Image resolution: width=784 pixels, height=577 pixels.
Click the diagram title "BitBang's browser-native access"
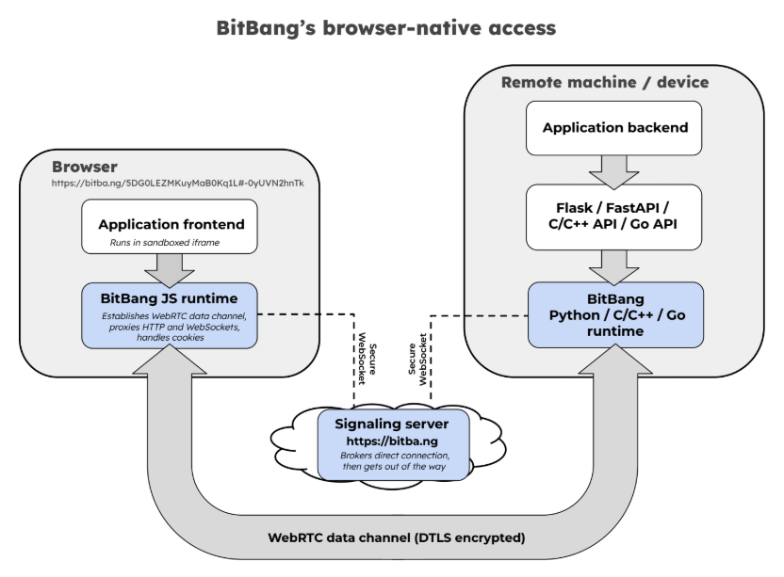coord(386,28)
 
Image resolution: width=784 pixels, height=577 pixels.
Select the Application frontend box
coord(170,226)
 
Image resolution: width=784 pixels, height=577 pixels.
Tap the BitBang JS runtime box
coord(170,315)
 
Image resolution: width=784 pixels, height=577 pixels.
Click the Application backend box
coord(614,128)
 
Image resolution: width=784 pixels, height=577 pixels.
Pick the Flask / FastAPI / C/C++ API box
coord(614,216)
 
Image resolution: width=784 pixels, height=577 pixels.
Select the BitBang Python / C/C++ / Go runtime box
coord(615,314)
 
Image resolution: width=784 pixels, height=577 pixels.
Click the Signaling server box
coord(394,444)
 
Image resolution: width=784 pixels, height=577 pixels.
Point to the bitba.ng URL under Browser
coord(177,183)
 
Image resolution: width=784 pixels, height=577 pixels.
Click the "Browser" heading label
coord(85,167)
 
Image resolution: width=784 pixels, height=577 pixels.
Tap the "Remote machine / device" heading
coord(605,82)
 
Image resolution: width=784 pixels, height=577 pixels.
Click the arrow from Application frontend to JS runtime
coord(170,270)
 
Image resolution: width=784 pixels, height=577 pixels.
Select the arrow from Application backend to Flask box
coord(614,172)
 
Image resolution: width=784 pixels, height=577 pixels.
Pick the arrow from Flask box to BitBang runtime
coord(614,267)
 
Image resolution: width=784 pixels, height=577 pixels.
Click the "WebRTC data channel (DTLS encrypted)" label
coord(397,537)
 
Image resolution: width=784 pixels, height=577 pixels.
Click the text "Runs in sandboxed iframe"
coord(165,242)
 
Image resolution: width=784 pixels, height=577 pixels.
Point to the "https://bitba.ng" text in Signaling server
coord(392,441)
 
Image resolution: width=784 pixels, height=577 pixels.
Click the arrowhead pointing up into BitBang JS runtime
coord(170,360)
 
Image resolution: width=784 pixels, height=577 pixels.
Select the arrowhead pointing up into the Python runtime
coord(615,360)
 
